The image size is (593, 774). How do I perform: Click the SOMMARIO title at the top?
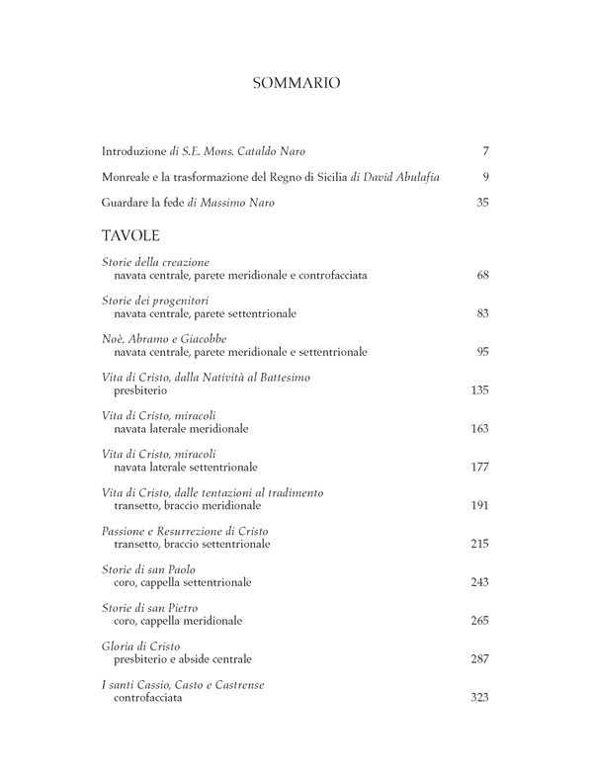[296, 83]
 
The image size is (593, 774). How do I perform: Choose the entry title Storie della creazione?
[155, 261]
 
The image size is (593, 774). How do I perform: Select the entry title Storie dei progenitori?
[155, 301]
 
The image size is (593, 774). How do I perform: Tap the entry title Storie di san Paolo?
[148, 570]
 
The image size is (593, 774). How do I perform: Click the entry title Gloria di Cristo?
[140, 646]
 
